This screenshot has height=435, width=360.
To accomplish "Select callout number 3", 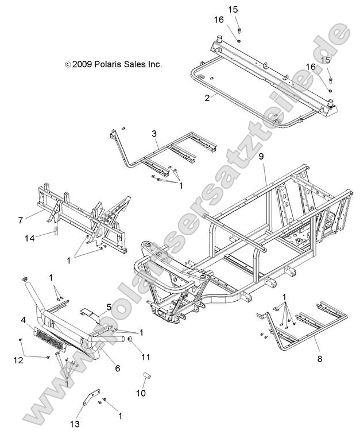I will (154, 134).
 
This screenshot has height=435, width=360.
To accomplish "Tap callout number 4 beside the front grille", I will (24, 319).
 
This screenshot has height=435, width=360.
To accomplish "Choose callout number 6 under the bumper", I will (118, 368).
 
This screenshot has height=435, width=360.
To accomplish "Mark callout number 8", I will (319, 359).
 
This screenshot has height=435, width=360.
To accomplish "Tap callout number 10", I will (141, 393).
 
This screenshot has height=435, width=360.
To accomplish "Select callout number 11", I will (146, 357).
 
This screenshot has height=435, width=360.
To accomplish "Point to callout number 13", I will (75, 424).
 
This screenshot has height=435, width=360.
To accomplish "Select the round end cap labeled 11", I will (131, 342).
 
